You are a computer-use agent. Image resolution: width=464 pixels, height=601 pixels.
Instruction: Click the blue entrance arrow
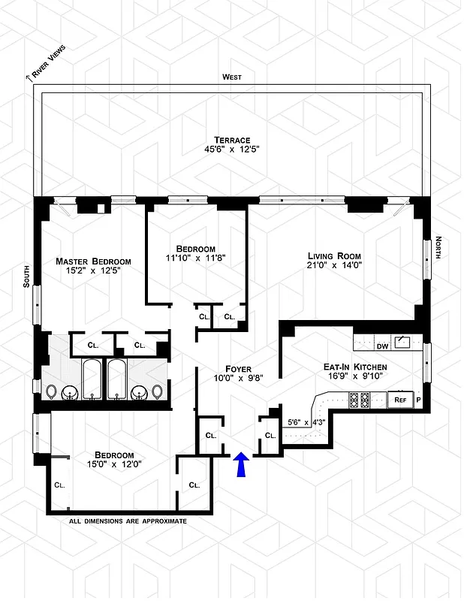(241, 465)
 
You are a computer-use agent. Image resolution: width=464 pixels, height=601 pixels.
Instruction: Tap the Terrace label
(232, 139)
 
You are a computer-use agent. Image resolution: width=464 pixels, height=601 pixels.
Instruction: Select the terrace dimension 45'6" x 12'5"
(232, 149)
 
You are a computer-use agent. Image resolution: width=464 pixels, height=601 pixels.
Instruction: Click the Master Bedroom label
(88, 261)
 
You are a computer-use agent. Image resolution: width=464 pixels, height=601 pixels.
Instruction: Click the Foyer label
(238, 369)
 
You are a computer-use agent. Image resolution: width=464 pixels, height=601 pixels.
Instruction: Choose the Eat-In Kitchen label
(355, 367)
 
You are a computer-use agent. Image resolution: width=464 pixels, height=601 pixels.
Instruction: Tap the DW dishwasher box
(382, 346)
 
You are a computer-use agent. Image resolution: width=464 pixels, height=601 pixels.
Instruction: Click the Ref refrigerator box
(399, 400)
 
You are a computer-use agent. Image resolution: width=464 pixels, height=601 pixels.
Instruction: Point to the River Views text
(48, 61)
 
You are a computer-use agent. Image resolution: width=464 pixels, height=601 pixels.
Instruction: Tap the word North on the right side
(438, 250)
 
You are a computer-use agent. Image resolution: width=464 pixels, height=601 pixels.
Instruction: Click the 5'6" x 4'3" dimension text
(306, 422)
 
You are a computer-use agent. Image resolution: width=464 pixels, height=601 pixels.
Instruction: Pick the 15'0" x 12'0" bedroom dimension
(114, 465)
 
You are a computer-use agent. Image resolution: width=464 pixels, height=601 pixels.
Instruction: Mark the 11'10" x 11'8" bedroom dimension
(196, 258)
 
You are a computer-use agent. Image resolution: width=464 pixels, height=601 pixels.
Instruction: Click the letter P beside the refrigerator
(418, 400)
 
